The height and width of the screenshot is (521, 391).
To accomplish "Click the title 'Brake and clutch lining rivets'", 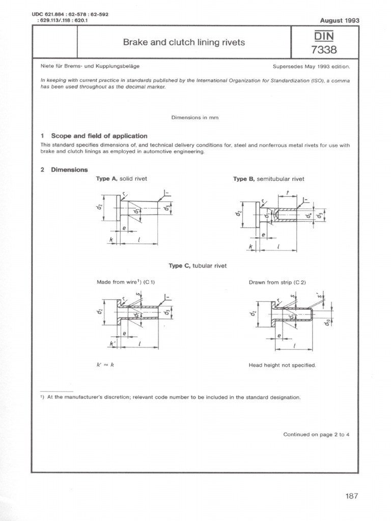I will (x=184, y=42).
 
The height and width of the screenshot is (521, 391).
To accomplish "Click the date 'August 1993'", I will (x=339, y=21).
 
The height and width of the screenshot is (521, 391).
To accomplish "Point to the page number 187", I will (x=351, y=497).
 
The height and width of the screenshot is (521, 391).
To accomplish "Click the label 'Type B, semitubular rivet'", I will (x=269, y=179).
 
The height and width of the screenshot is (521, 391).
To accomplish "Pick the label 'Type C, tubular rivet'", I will (x=198, y=266).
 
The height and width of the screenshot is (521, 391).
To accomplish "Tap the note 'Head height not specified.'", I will (x=282, y=365).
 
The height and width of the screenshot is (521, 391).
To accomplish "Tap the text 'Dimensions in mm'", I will (x=195, y=118).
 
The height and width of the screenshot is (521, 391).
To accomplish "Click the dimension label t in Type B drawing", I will (x=288, y=192).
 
